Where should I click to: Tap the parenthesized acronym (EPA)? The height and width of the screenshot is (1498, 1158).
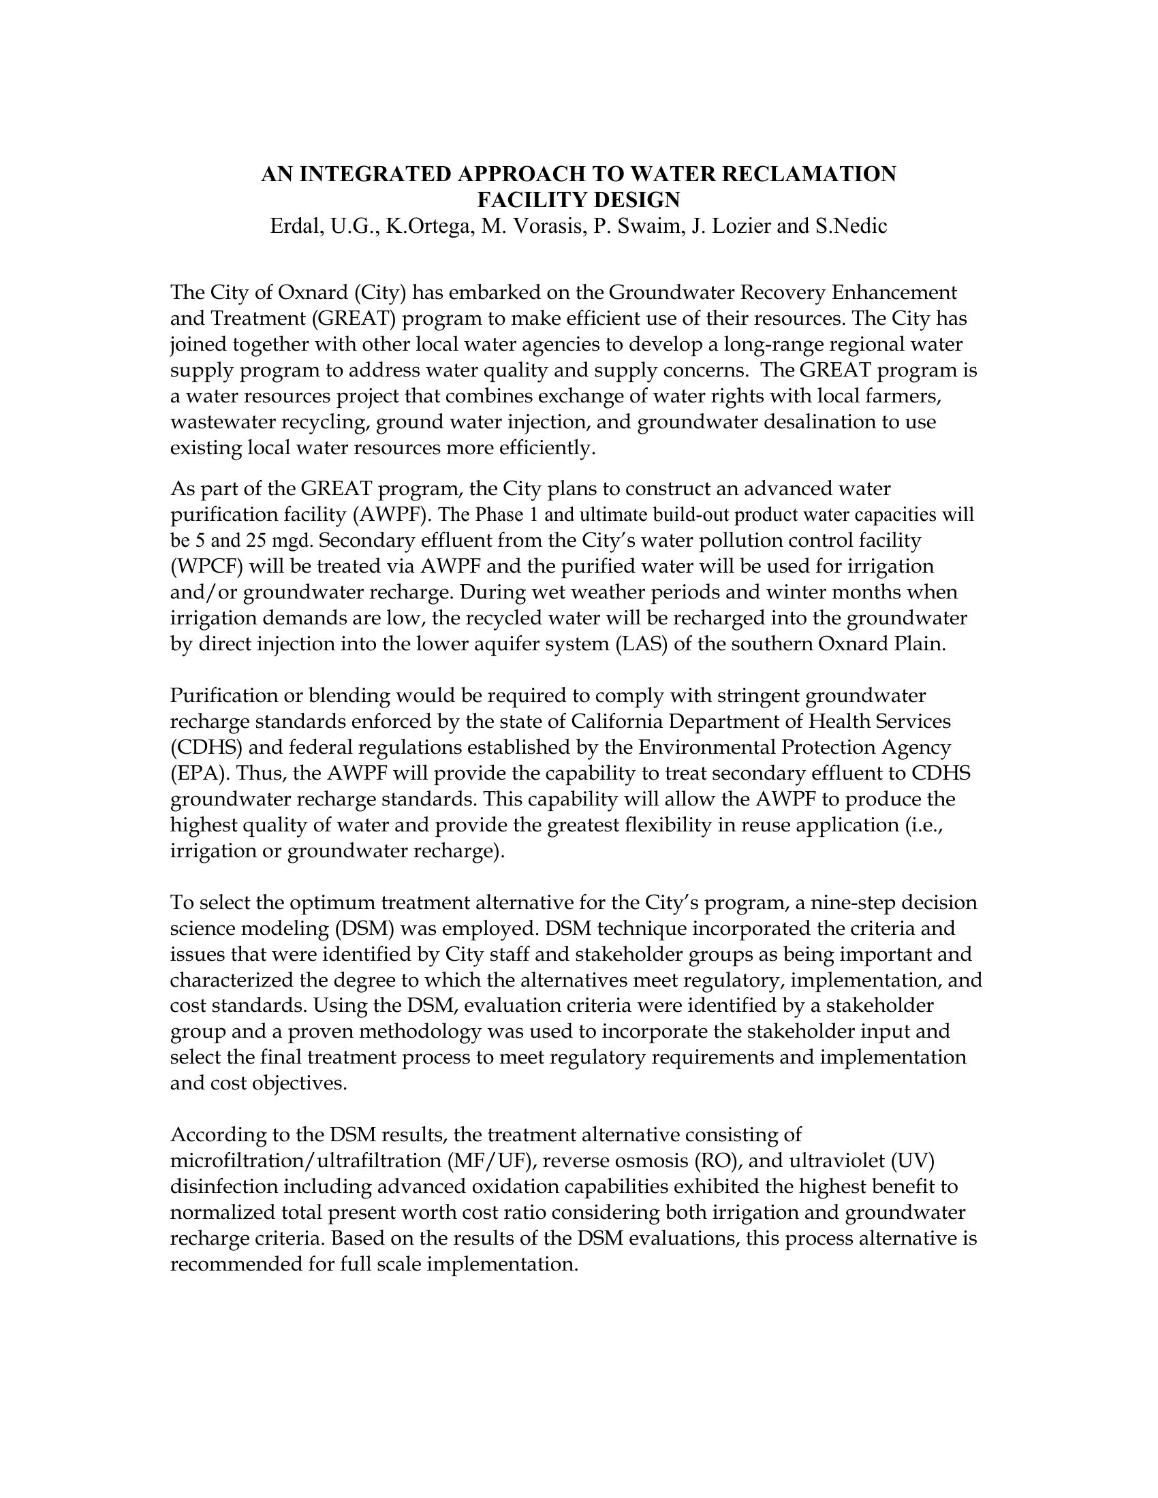click(x=200, y=774)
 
